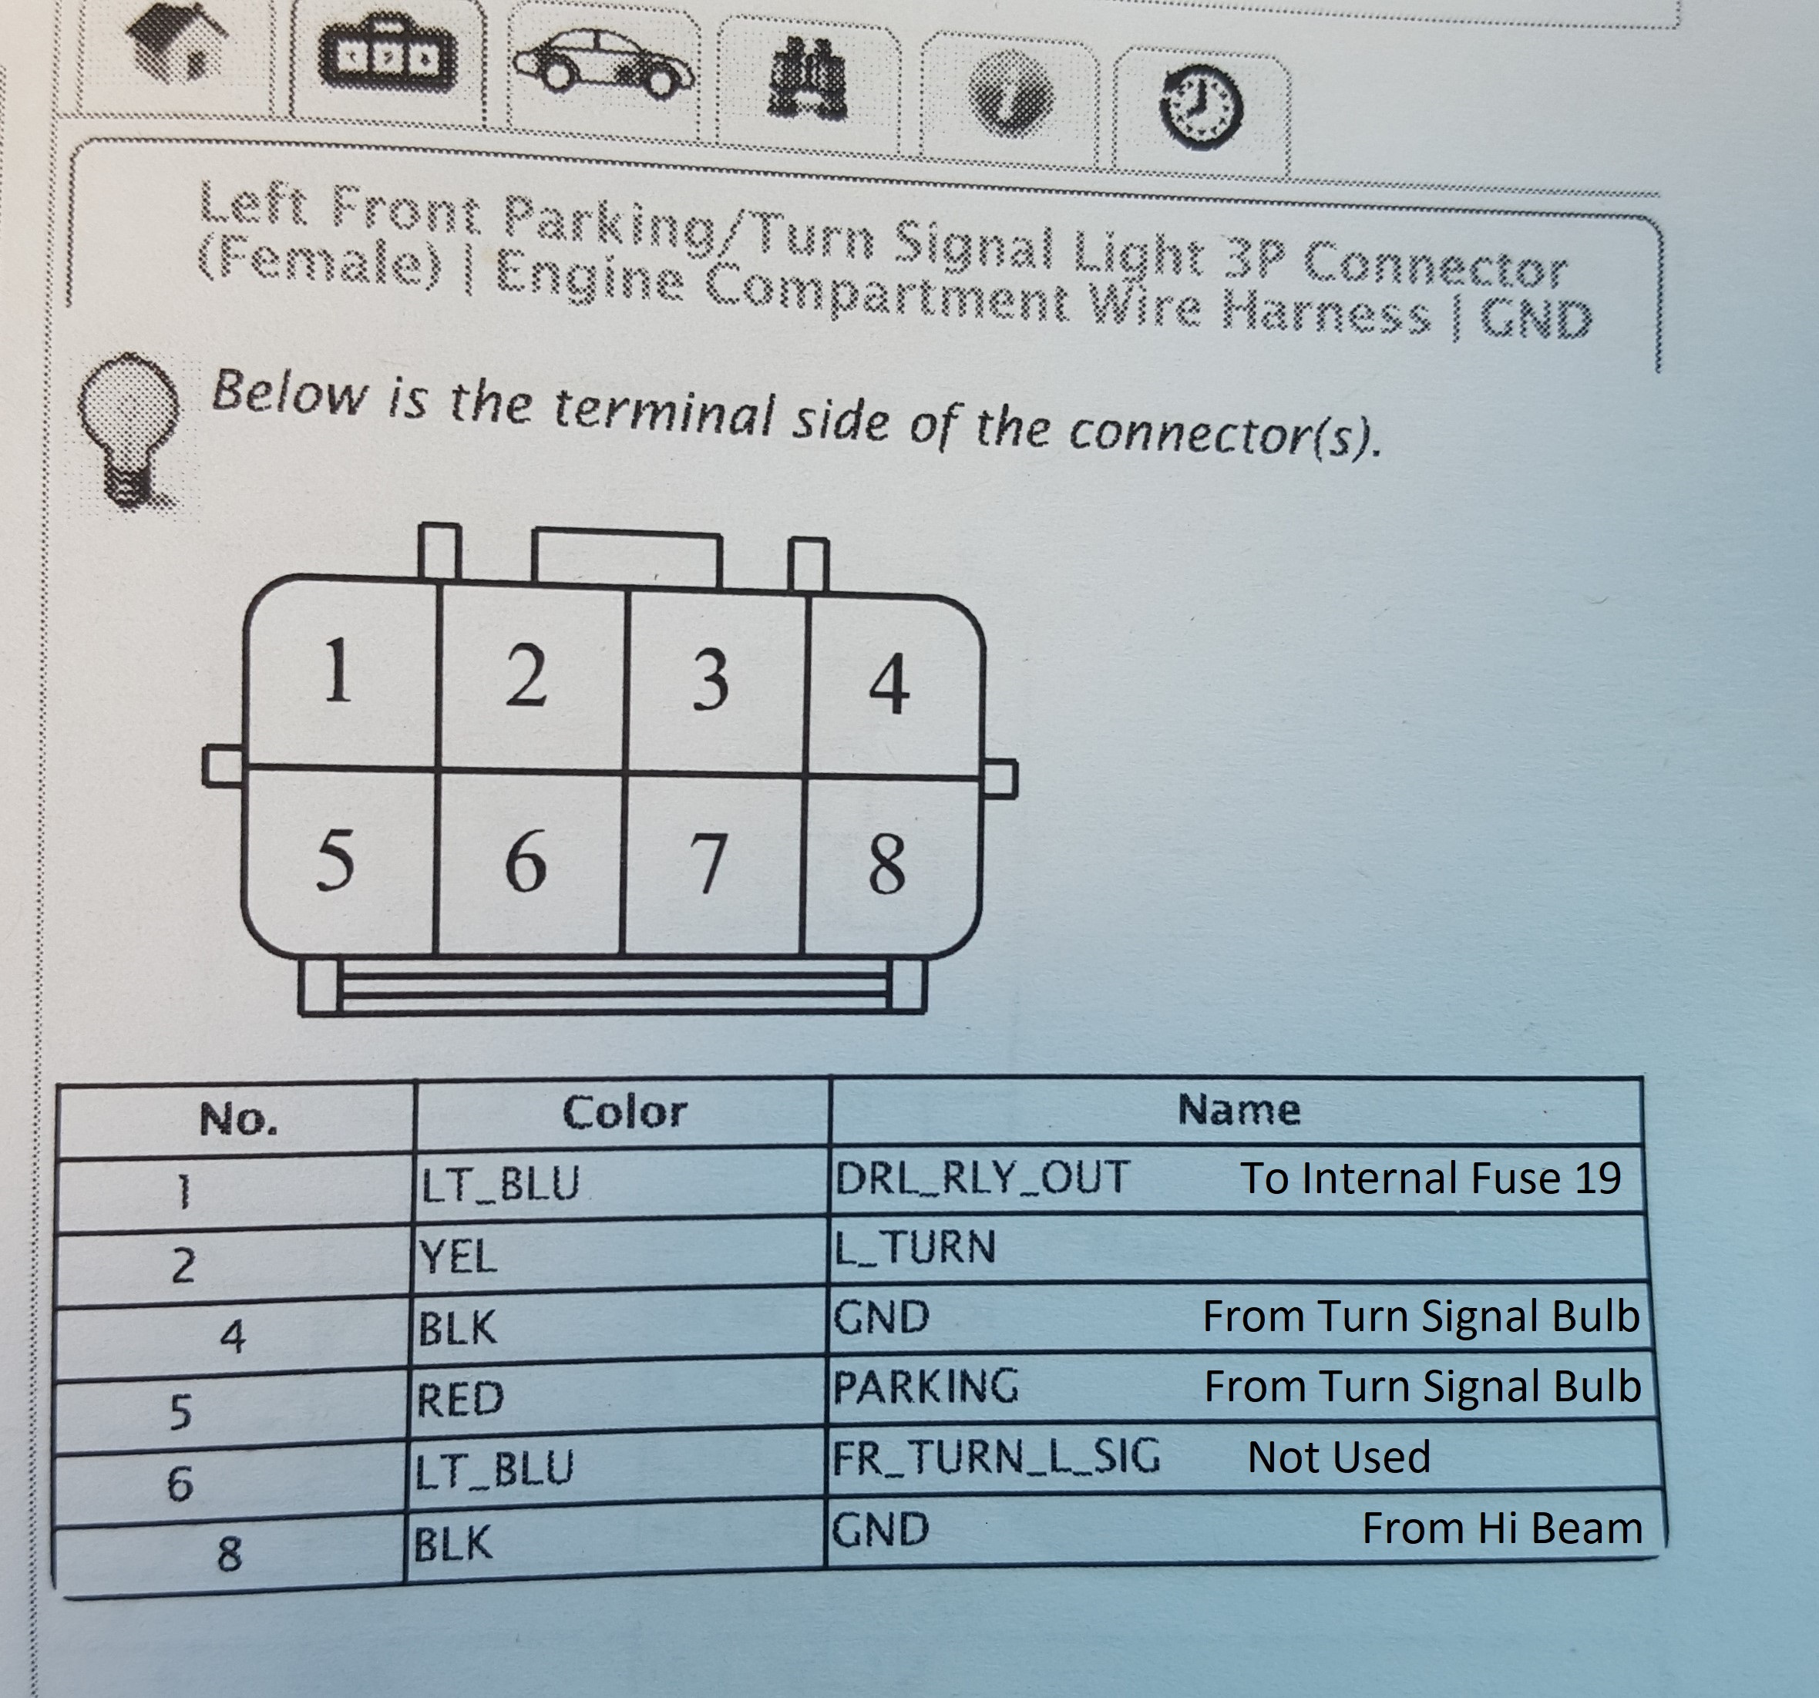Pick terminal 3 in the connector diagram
710,681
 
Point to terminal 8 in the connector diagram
886,866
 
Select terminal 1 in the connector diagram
338,672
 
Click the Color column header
624,1112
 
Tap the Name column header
1238,1110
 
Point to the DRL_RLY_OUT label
981,1178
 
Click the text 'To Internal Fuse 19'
1430,1179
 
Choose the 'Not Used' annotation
1338,1458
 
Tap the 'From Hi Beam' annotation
1501,1528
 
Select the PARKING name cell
925,1386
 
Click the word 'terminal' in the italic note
658,412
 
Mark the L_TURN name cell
914,1247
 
